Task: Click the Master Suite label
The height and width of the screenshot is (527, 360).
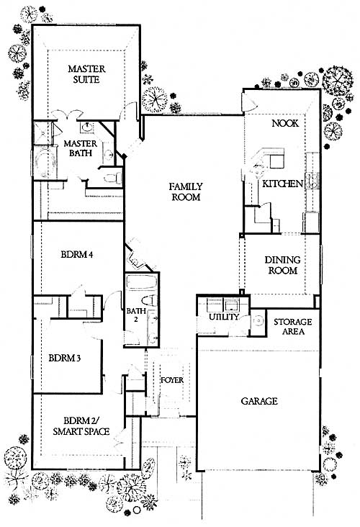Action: tap(86, 74)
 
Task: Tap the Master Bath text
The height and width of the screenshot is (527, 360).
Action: tap(81, 148)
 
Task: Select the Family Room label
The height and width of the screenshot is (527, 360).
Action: tap(186, 192)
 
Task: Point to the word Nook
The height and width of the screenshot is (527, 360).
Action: tap(285, 123)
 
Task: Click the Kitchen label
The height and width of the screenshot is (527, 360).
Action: tap(283, 184)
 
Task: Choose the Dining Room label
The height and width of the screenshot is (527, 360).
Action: tap(283, 265)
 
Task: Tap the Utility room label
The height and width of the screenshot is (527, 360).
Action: tap(224, 317)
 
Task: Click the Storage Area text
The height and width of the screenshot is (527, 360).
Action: tap(293, 327)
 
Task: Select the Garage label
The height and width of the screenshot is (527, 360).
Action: tap(259, 401)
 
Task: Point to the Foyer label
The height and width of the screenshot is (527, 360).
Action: tap(172, 380)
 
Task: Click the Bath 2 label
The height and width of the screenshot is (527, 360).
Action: tap(136, 315)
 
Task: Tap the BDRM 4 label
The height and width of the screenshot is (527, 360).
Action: tap(77, 254)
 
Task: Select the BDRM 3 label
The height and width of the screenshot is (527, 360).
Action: tap(65, 358)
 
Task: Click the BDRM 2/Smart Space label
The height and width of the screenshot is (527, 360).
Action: tap(81, 426)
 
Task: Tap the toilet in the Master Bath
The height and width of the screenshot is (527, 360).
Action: tap(113, 177)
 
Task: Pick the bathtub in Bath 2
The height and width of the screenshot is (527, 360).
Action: tap(142, 282)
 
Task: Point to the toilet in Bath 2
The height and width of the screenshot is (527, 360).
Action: tap(148, 300)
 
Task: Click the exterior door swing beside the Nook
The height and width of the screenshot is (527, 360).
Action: tap(249, 102)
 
